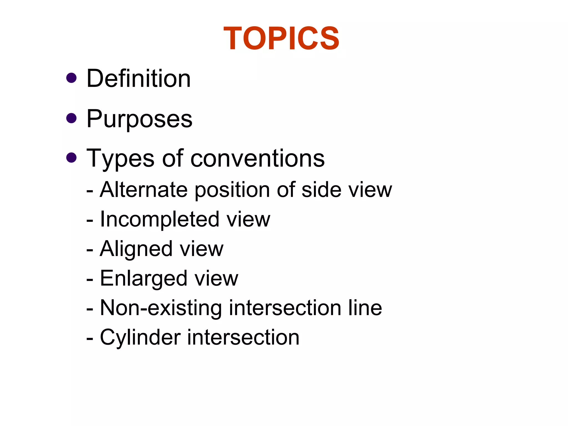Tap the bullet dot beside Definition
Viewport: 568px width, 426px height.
[72, 78]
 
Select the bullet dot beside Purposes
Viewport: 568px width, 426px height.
[72, 118]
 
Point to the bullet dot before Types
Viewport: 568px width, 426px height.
[72, 158]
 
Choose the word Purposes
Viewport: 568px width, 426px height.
[140, 119]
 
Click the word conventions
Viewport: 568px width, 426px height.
[258, 159]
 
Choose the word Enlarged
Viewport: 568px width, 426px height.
[143, 279]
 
